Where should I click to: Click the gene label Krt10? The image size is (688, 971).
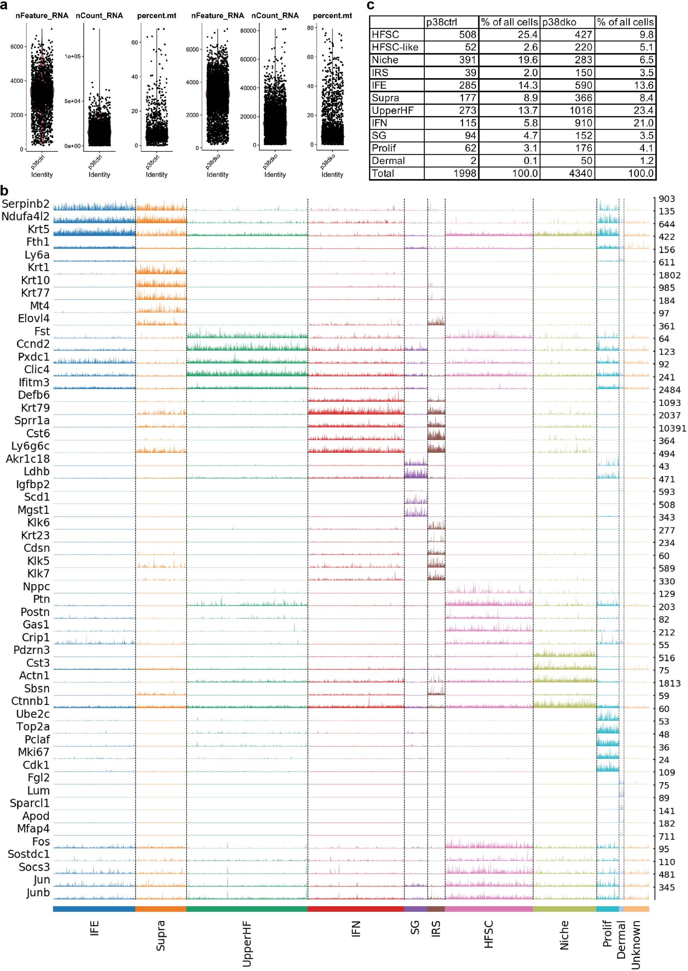pyautogui.click(x=35, y=280)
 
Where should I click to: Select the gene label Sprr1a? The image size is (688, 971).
pyautogui.click(x=32, y=421)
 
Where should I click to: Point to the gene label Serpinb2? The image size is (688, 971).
pyautogui.click(x=26, y=204)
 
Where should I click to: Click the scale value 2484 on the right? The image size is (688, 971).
pyautogui.click(x=669, y=390)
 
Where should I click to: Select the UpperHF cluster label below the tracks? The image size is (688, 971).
pyautogui.click(x=247, y=944)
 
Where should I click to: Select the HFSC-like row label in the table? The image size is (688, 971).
pyautogui.click(x=395, y=47)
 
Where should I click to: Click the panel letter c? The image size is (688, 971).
pyautogui.click(x=371, y=5)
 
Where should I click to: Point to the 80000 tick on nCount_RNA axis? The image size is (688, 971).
pyautogui.click(x=248, y=31)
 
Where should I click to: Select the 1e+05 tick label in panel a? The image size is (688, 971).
pyautogui.click(x=73, y=56)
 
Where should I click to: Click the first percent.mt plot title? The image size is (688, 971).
pyautogui.click(x=157, y=16)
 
